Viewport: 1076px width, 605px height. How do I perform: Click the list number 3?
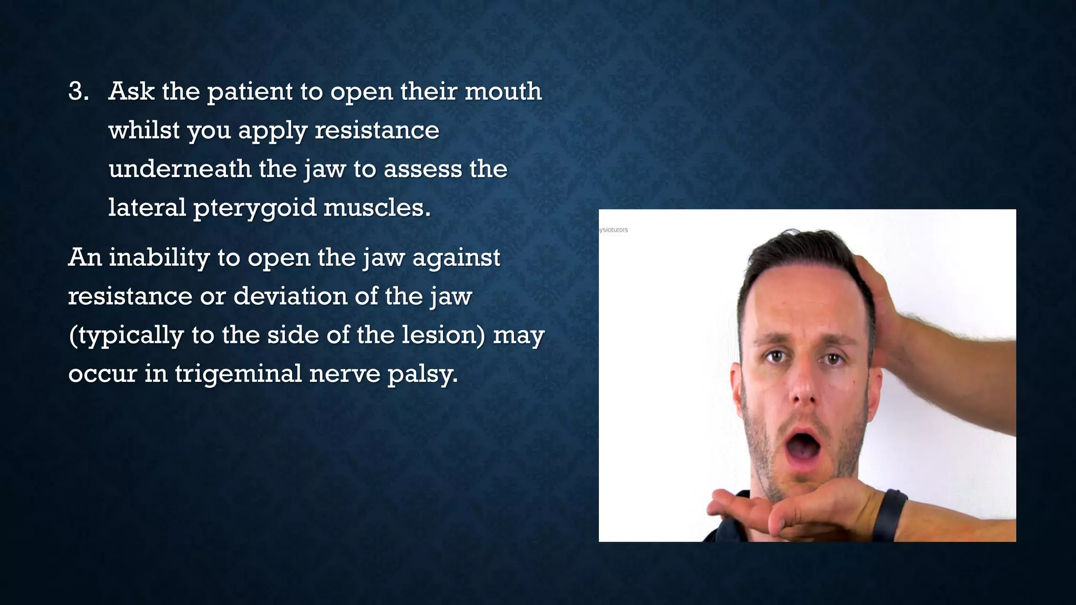[78, 91]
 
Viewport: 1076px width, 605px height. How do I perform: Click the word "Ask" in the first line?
[131, 91]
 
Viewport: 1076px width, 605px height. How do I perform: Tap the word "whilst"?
[143, 130]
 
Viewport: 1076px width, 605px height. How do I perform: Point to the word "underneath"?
[180, 169]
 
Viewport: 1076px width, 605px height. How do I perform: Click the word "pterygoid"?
[255, 208]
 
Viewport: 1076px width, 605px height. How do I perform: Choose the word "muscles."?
[377, 208]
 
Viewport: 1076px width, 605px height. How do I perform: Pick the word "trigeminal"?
[238, 374]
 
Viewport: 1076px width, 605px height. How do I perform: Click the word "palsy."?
[422, 374]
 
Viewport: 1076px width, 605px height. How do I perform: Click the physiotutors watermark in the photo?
[614, 230]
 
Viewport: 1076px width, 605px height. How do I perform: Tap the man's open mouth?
[802, 446]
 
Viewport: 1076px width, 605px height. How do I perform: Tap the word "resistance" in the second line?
[377, 130]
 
